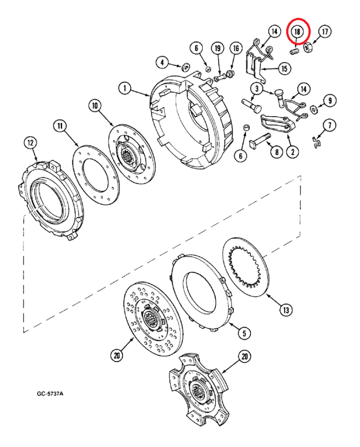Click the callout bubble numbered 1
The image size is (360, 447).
click(124, 88)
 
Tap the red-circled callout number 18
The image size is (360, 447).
click(298, 31)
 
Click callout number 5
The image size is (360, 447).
click(240, 333)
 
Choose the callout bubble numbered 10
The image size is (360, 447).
click(95, 106)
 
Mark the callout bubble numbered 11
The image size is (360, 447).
click(60, 126)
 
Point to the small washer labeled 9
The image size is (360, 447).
click(313, 109)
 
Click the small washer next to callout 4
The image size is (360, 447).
click(184, 66)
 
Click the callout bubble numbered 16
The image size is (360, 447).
click(236, 48)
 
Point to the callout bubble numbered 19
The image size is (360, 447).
click(217, 48)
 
